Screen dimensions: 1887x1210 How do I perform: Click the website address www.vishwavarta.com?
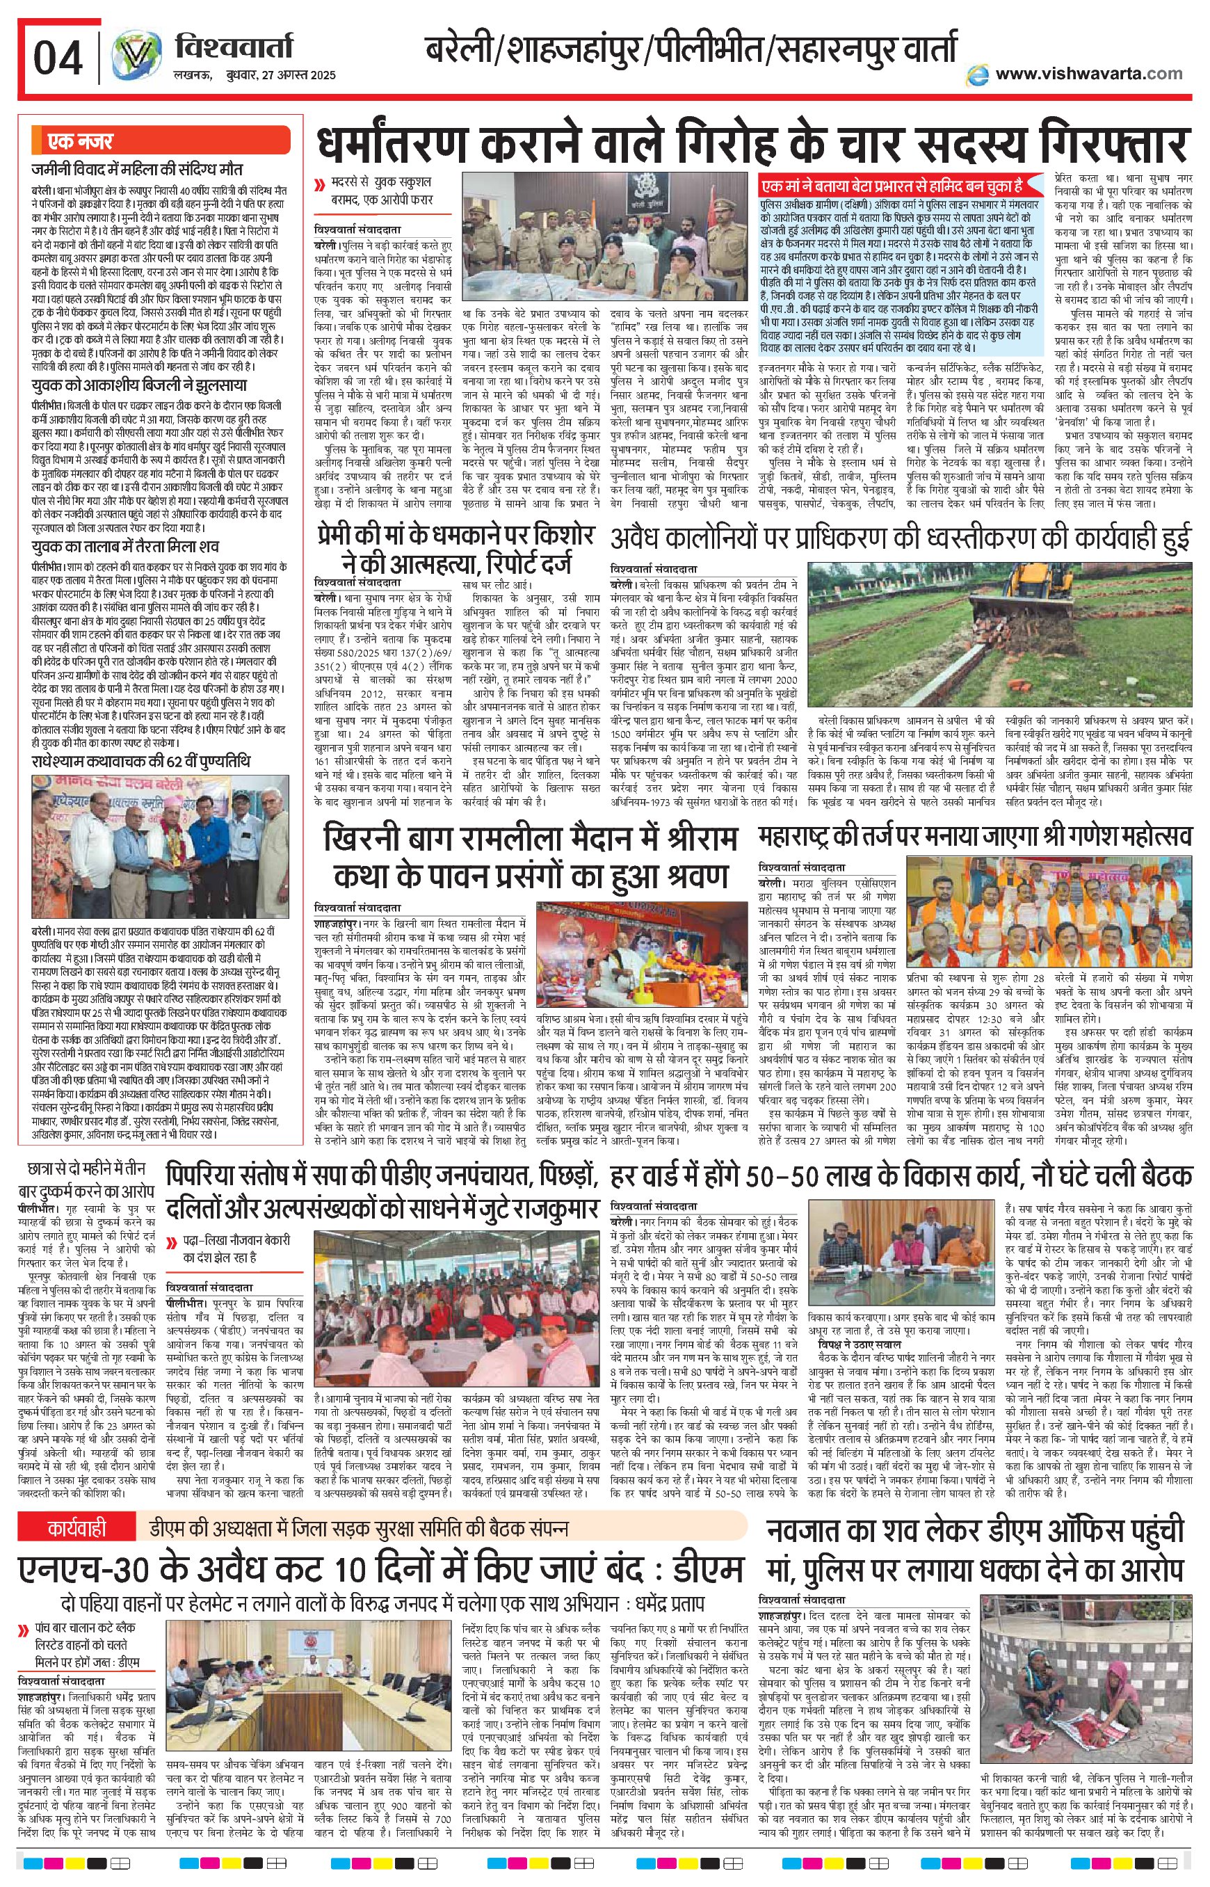pos(1088,73)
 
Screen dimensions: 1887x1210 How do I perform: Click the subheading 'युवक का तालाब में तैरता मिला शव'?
pos(126,546)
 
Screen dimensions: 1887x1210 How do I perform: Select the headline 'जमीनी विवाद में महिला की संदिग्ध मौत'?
pos(138,169)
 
